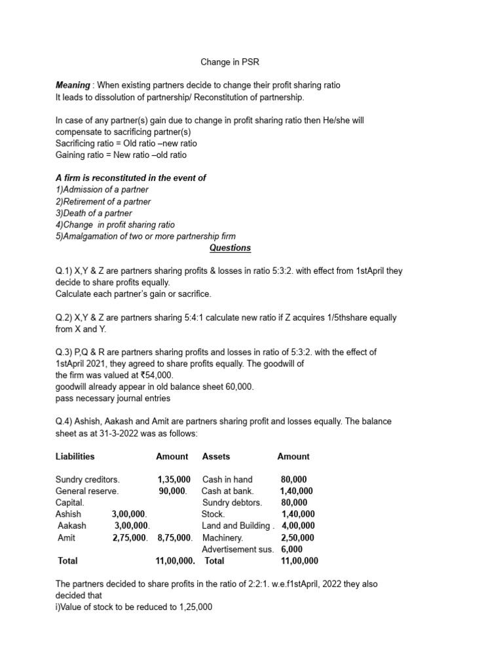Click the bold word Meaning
(x=73, y=86)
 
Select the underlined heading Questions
(x=230, y=248)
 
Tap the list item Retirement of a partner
(x=103, y=201)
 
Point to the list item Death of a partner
(x=94, y=213)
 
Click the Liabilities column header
(x=75, y=456)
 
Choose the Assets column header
(x=216, y=456)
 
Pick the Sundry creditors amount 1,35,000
(x=174, y=480)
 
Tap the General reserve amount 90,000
(x=173, y=491)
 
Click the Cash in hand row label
(x=227, y=480)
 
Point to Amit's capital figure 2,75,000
(x=130, y=537)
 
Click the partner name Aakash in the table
(x=72, y=526)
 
